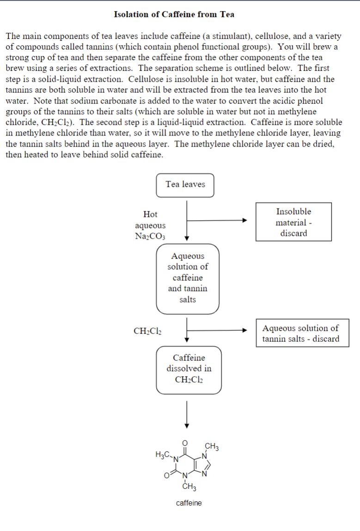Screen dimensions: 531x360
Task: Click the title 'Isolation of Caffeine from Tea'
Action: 174,14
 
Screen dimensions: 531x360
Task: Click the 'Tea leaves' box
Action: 185,185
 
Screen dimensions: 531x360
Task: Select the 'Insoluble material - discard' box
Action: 293,222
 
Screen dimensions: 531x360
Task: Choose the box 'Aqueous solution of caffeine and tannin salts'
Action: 187,278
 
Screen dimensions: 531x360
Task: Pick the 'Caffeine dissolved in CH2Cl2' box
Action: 189,369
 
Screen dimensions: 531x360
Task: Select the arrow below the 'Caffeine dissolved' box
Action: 187,414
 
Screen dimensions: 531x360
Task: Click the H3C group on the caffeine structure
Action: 163,455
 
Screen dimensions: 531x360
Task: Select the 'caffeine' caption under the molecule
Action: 189,503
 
